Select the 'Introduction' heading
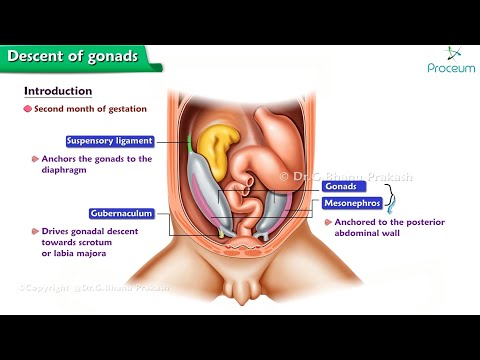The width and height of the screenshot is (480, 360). point(58,91)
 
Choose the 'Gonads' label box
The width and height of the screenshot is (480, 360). point(338,186)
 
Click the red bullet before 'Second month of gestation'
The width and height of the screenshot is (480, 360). point(28,108)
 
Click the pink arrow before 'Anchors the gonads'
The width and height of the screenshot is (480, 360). point(34,159)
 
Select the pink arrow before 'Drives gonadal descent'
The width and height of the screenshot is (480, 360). point(34,231)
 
